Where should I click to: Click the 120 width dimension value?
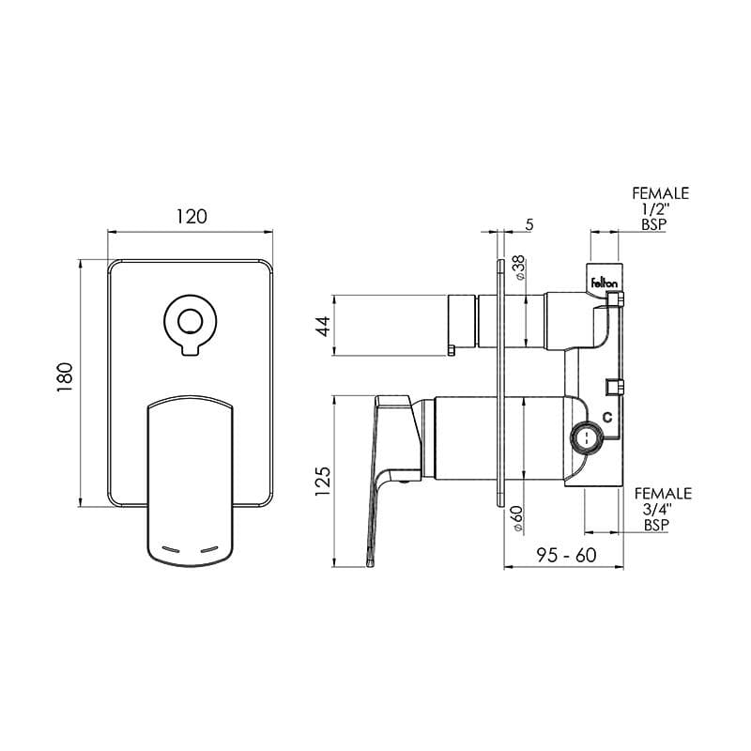[x=191, y=216]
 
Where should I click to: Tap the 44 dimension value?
[x=322, y=326]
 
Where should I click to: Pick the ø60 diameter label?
[x=518, y=519]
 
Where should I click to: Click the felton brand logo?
[x=601, y=281]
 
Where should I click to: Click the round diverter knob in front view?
[x=191, y=321]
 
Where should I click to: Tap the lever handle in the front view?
[x=191, y=479]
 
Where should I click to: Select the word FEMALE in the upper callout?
[x=660, y=193]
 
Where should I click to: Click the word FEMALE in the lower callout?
[x=662, y=494]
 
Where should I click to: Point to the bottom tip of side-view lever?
[x=373, y=564]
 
